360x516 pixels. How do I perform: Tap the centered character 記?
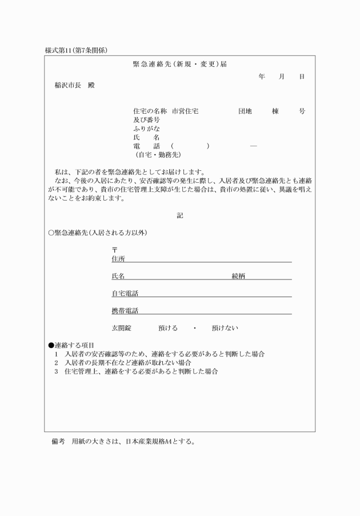(x=180, y=215)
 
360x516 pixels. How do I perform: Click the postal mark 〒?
(x=114, y=250)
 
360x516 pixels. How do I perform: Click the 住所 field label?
(x=118, y=258)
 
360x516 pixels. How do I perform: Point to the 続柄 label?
(x=238, y=276)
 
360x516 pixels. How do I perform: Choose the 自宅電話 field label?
(x=125, y=294)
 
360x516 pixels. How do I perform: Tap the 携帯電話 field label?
(x=125, y=311)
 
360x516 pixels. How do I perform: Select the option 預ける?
(x=168, y=328)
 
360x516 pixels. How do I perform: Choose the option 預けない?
(x=225, y=328)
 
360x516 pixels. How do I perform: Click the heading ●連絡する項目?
(x=71, y=346)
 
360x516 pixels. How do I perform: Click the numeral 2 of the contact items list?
(x=57, y=363)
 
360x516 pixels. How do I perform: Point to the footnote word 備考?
(x=58, y=442)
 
